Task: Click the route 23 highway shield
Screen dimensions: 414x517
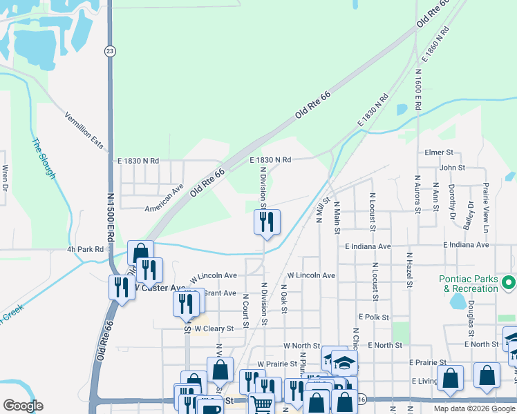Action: pyautogui.click(x=110, y=51)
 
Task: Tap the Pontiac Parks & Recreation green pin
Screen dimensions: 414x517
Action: pyautogui.click(x=509, y=283)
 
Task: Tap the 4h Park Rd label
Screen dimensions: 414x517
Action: pyautogui.click(x=85, y=249)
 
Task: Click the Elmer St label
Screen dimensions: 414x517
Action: pyautogui.click(x=439, y=152)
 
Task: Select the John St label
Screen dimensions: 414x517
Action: pyautogui.click(x=452, y=167)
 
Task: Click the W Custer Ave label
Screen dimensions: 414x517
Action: pyautogui.click(x=160, y=287)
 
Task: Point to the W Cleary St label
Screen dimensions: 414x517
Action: pyautogui.click(x=215, y=328)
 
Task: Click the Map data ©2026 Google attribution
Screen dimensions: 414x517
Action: pyautogui.click(x=473, y=408)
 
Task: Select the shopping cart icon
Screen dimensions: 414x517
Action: pyautogui.click(x=261, y=404)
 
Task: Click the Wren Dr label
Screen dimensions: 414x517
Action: pyautogui.click(x=6, y=177)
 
